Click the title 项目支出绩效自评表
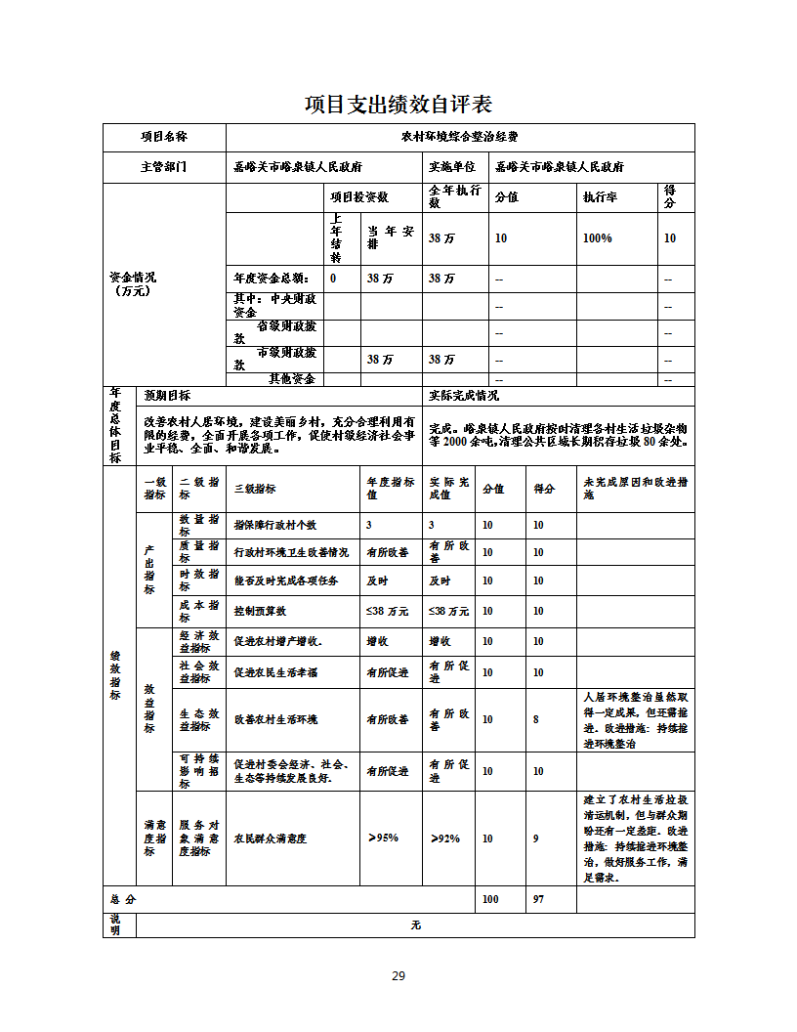tap(398, 104)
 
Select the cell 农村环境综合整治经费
tap(459, 137)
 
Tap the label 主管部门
tap(163, 167)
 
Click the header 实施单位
tap(452, 167)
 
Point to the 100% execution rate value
tap(597, 238)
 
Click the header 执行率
tap(599, 197)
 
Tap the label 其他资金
tap(292, 378)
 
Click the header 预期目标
tap(167, 396)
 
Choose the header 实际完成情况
tap(464, 396)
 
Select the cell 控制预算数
tap(260, 611)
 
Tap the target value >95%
tap(383, 838)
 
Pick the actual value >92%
tap(444, 838)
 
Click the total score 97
tap(538, 899)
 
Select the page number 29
tap(398, 975)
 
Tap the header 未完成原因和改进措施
tap(634, 489)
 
